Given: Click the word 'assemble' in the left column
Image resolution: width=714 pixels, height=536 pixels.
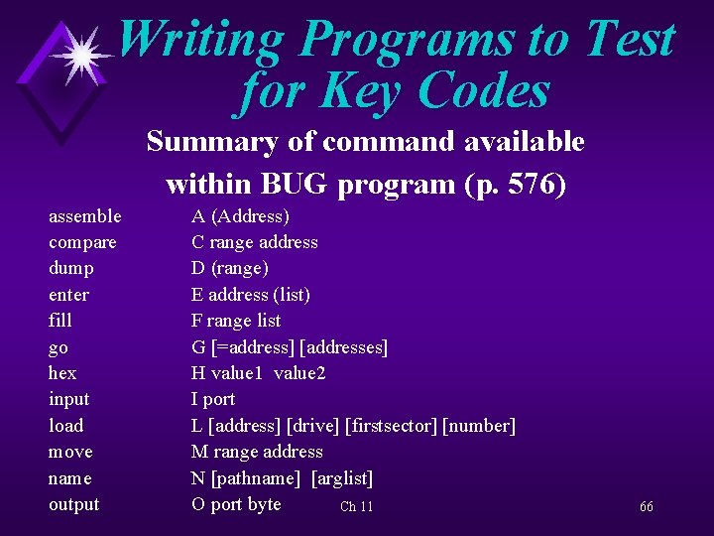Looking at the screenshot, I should click(x=85, y=216).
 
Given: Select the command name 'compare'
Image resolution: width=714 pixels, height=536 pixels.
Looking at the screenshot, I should click(x=82, y=243).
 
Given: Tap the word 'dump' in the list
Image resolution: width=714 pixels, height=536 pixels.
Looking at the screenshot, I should click(x=71, y=269).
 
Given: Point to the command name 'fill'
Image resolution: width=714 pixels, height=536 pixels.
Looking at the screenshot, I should click(x=60, y=322).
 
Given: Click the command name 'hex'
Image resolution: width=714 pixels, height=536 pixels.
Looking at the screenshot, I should click(x=62, y=373).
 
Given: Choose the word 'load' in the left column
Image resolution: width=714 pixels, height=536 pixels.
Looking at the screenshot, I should click(x=66, y=426).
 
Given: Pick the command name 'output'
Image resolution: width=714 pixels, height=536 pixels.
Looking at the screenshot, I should click(x=74, y=504).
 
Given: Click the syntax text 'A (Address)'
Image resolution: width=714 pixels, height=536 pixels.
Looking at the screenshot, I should click(x=240, y=216).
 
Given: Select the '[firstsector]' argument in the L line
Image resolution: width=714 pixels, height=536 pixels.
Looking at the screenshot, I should click(x=391, y=426).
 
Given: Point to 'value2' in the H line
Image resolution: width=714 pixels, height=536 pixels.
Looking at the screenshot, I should click(x=300, y=373).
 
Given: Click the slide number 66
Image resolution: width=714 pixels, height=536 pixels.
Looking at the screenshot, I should click(x=646, y=507).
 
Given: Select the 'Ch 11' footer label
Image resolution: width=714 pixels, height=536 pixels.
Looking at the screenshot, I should click(x=356, y=507).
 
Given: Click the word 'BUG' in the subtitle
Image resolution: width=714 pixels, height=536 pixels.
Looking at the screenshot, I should click(x=286, y=185).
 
